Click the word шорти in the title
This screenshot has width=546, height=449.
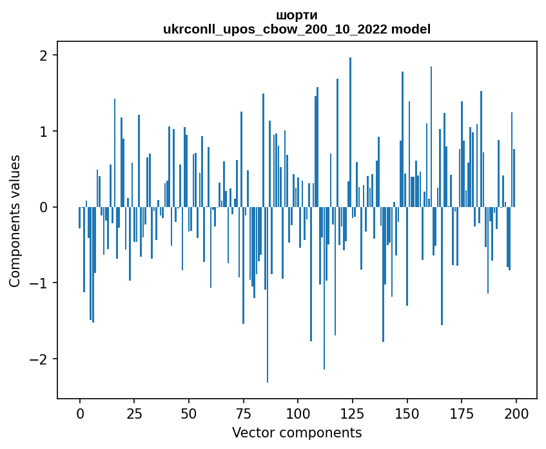pos(297,15)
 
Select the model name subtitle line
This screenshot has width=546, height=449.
pos(297,29)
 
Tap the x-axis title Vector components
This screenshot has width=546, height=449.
pos(297,432)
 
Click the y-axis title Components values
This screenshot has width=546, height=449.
pos(15,221)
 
